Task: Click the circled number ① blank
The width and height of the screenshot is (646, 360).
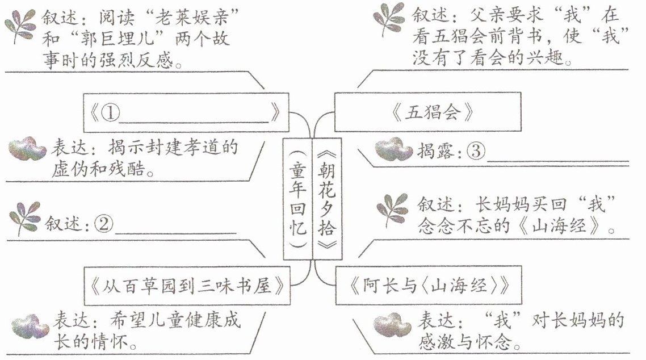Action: [x=111, y=113]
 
